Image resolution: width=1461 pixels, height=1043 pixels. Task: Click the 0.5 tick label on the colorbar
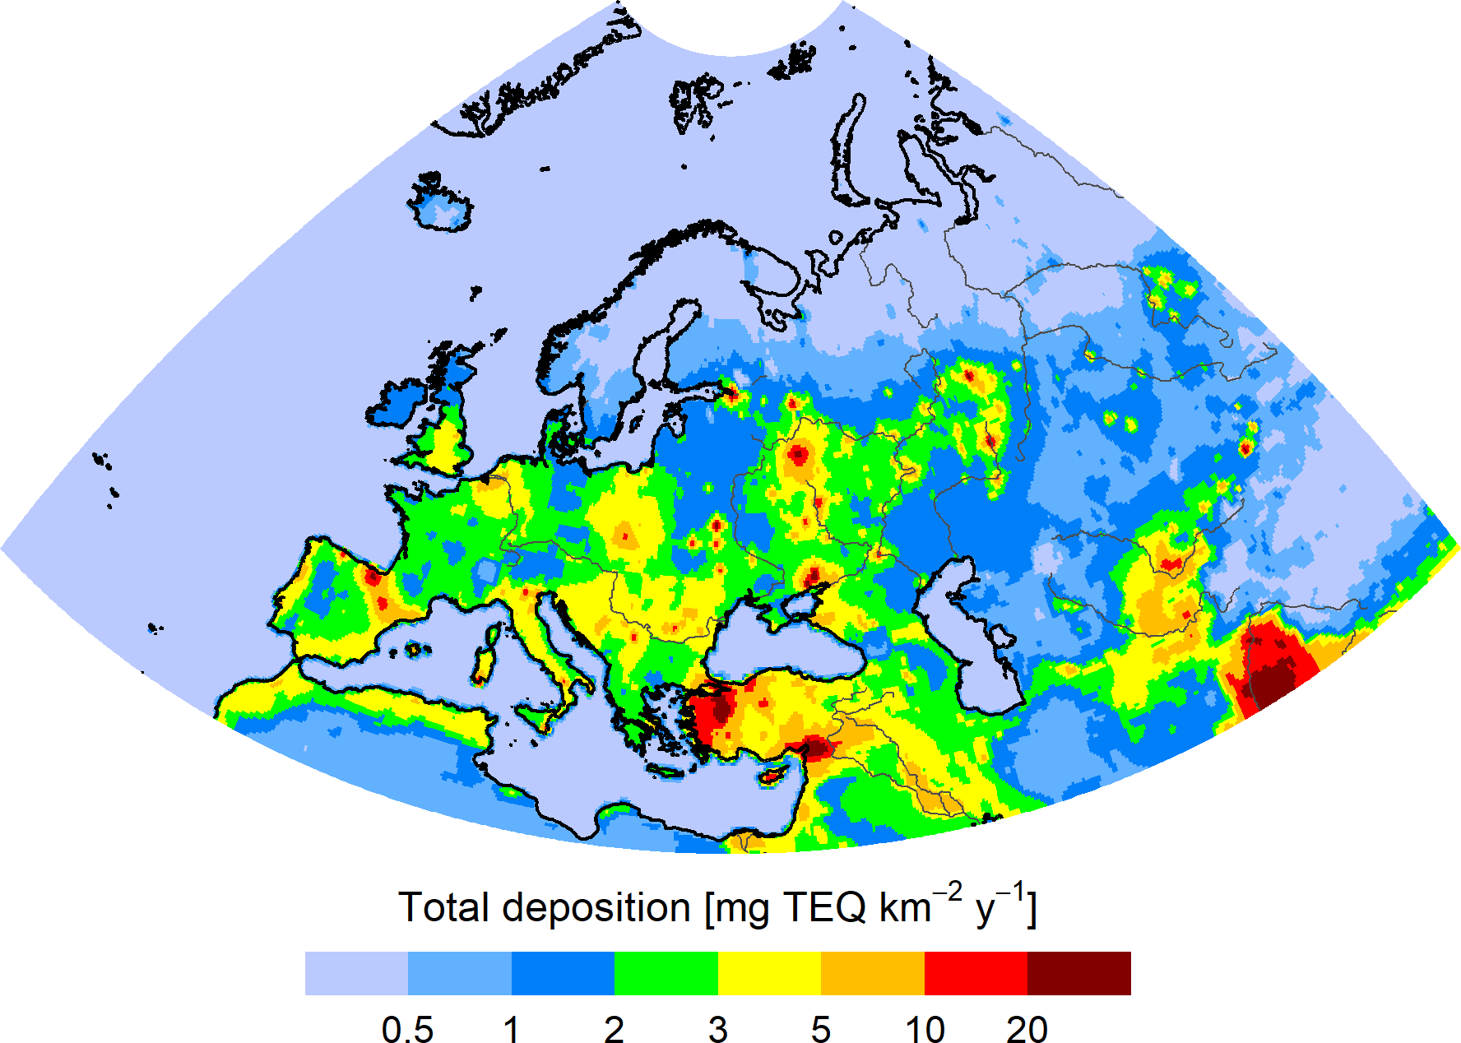(x=407, y=1029)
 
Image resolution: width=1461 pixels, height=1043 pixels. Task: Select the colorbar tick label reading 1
(x=511, y=1029)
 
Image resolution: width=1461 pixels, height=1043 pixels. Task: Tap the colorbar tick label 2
(x=614, y=1029)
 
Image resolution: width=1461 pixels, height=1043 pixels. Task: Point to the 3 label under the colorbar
(x=717, y=1029)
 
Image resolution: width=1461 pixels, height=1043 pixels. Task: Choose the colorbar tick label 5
(x=820, y=1029)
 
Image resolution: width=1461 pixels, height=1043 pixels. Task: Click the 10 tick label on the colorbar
(x=924, y=1029)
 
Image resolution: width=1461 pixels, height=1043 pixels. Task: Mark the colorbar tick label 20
(x=1027, y=1029)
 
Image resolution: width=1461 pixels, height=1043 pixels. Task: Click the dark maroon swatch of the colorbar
(x=1078, y=973)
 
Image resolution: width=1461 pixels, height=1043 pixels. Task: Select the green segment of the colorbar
(x=666, y=973)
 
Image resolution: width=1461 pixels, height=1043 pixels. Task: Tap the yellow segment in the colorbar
(x=769, y=973)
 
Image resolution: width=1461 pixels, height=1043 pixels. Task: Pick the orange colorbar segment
(x=872, y=973)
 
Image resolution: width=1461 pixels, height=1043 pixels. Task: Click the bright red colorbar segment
(x=976, y=973)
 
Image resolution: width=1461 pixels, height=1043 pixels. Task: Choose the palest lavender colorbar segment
(x=356, y=973)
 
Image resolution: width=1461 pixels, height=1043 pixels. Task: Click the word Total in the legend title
(x=444, y=908)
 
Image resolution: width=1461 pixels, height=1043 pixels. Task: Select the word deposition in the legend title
(x=596, y=908)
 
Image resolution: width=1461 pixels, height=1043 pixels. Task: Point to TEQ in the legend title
(x=825, y=908)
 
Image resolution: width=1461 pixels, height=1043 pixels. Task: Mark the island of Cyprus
(x=771, y=776)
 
